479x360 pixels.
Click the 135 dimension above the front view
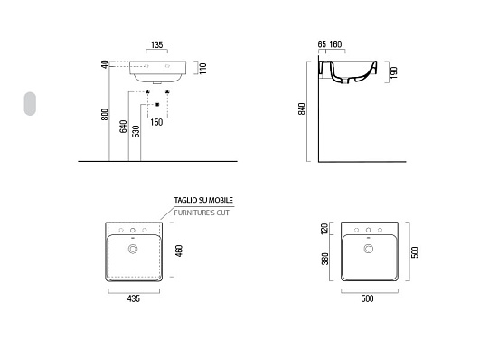156,45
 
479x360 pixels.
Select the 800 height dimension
105,114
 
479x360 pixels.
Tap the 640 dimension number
123,127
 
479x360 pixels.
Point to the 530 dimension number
136,131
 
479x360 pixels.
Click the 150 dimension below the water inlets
156,122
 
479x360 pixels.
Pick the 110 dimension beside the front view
203,68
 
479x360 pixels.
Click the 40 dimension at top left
105,64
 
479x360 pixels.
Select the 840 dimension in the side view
302,109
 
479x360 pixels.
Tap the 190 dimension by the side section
394,72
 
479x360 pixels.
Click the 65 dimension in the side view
322,44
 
